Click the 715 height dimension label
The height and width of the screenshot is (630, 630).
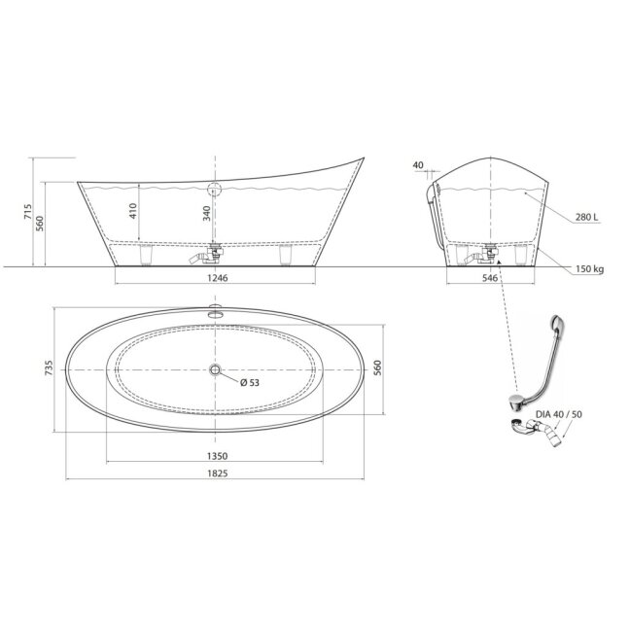28,212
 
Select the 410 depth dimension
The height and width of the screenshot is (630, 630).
133,211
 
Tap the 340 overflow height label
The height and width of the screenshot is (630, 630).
207,213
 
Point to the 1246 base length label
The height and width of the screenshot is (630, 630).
218,278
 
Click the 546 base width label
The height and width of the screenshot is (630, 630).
490,278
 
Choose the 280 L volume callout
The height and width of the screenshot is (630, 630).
586,218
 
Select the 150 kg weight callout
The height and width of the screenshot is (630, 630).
590,269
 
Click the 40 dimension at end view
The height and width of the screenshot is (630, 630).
418,165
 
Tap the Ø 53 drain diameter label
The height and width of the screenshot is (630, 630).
250,382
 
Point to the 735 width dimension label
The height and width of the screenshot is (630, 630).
49,368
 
